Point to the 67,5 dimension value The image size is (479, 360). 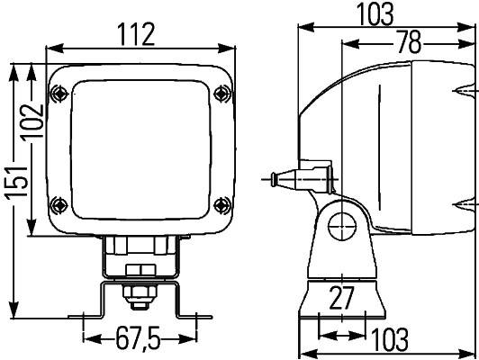138,339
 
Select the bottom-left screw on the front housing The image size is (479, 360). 59,202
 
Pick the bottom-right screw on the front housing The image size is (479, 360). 221,202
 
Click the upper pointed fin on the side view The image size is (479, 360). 466,92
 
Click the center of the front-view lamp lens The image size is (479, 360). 140,146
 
